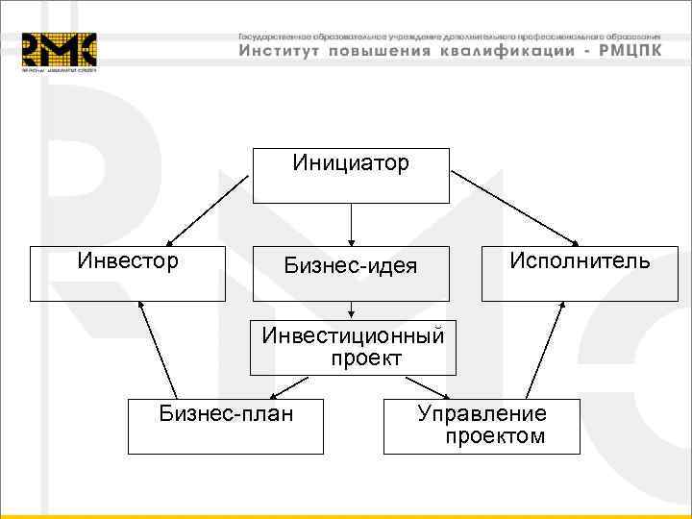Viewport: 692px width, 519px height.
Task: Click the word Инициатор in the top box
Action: point(351,162)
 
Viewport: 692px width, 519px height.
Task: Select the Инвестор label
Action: point(128,260)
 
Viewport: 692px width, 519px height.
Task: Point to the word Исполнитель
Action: point(580,260)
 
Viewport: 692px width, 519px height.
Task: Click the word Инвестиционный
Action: point(354,336)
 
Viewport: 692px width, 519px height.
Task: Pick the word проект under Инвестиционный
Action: point(365,358)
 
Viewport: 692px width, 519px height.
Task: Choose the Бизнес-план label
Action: point(227,413)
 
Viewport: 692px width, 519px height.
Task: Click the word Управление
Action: point(482,413)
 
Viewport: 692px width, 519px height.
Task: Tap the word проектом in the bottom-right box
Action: point(494,436)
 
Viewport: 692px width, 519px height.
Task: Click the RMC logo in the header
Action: point(60,51)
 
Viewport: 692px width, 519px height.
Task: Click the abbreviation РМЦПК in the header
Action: point(629,51)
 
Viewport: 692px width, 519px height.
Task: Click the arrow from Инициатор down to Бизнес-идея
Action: point(351,223)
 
